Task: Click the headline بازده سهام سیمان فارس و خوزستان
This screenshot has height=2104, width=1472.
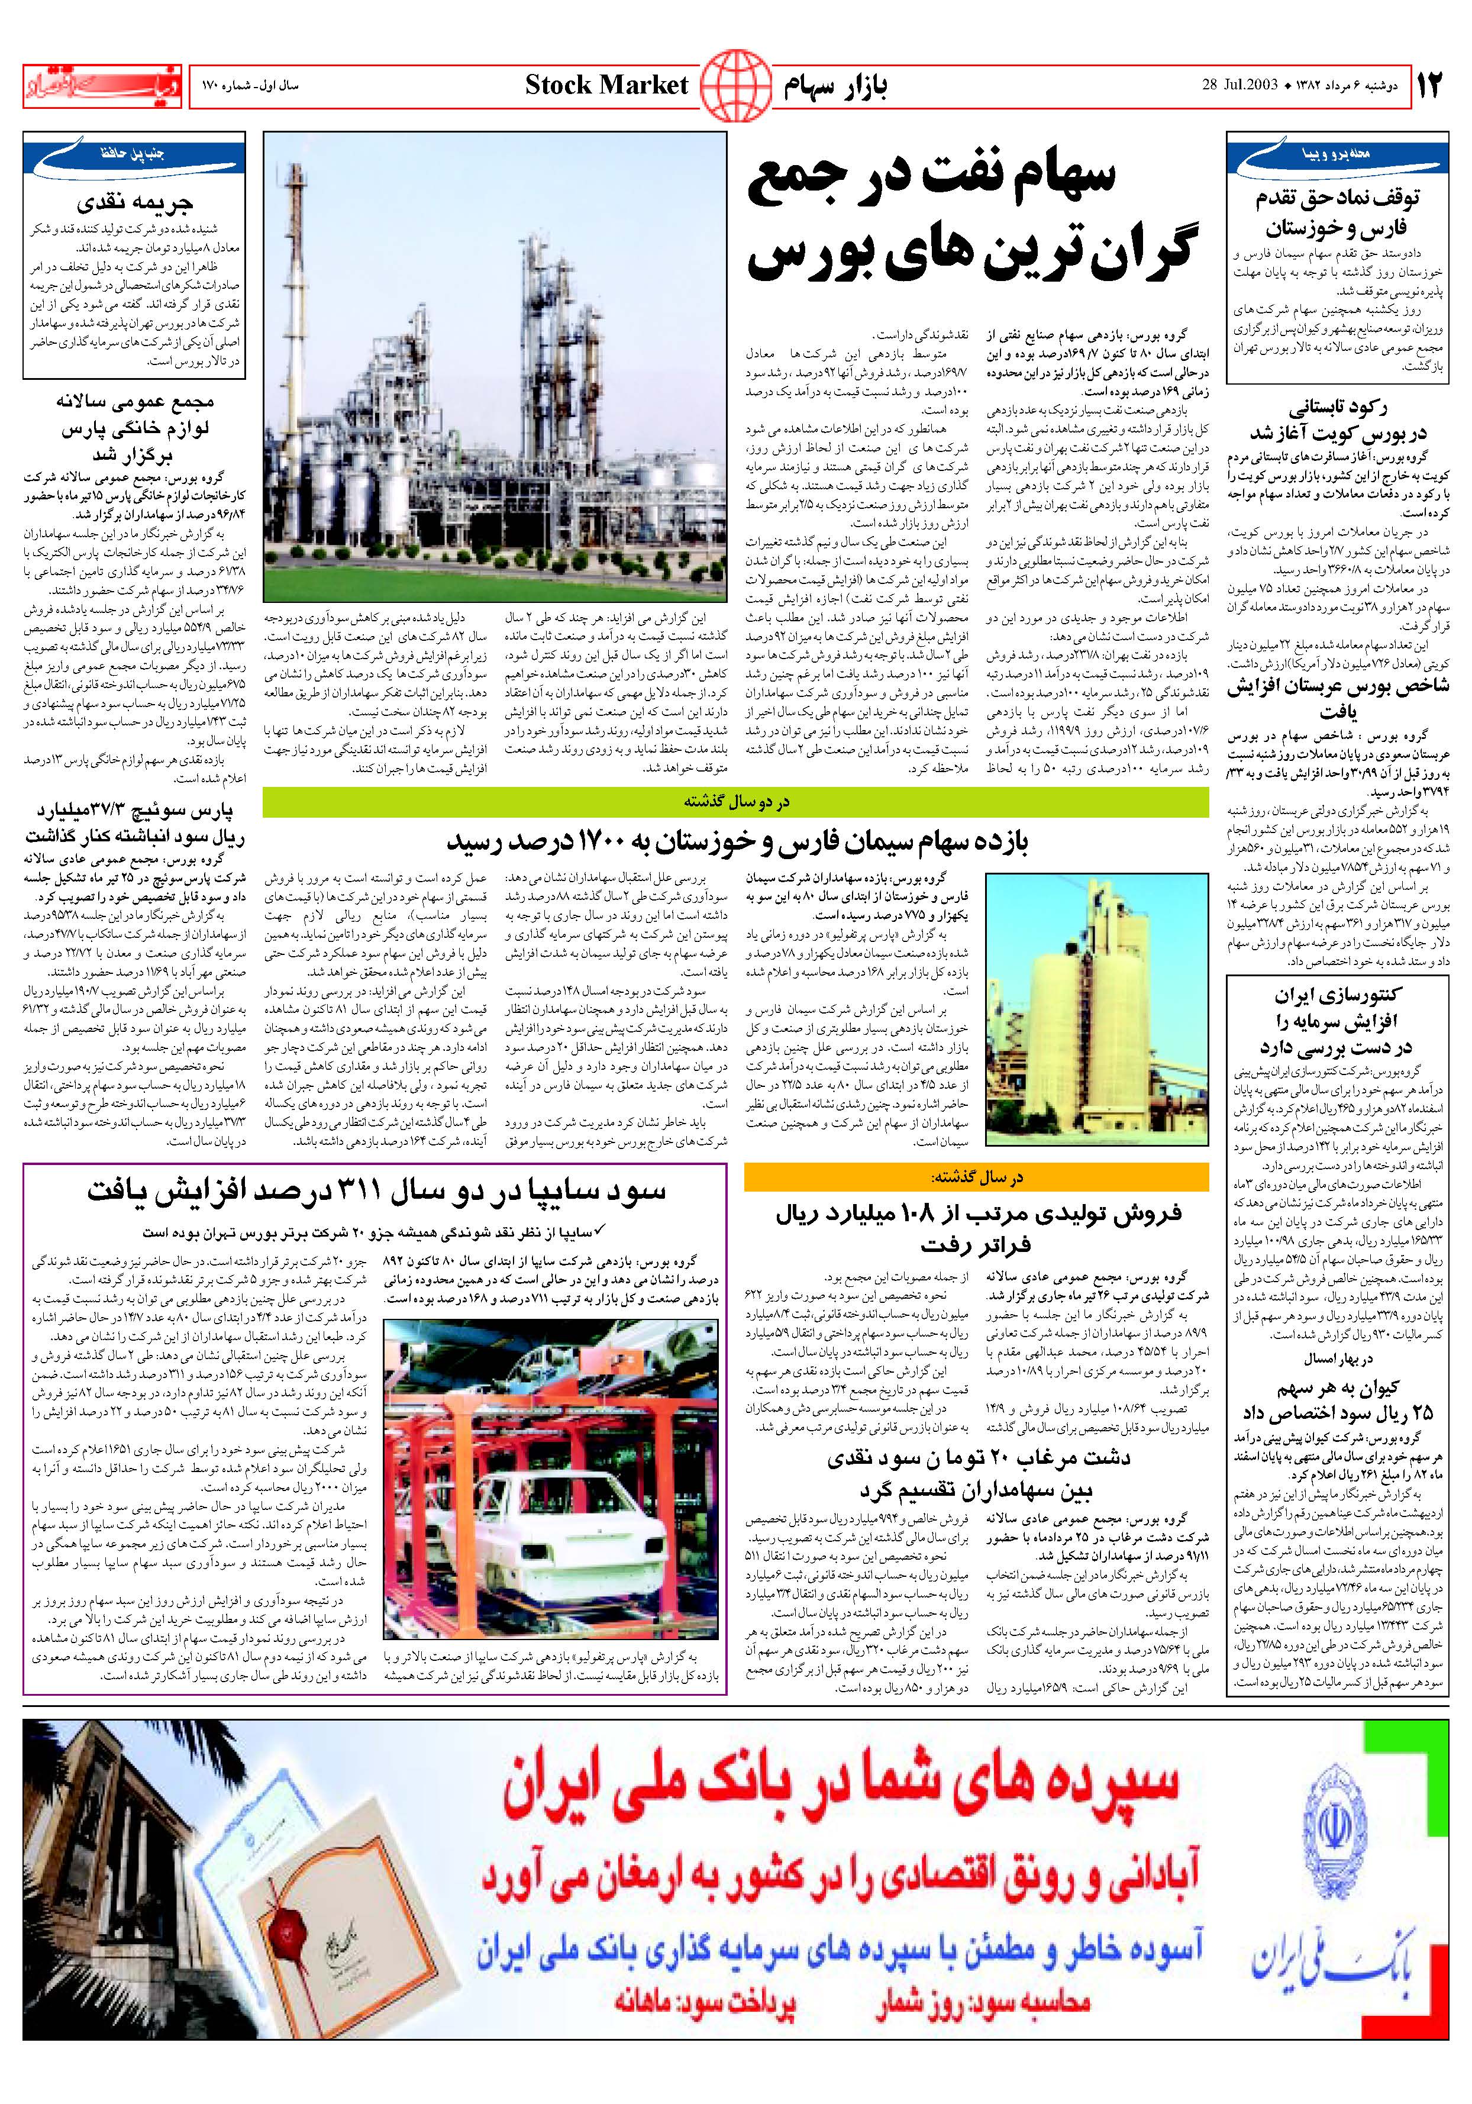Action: [x=737, y=841]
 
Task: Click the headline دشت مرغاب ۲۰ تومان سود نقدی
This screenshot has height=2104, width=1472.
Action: [x=977, y=1473]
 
